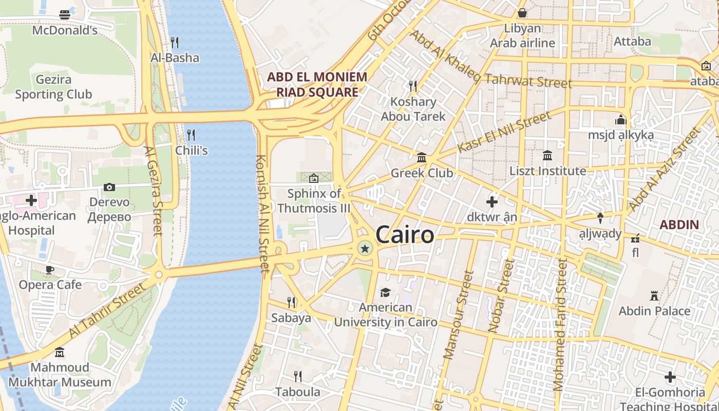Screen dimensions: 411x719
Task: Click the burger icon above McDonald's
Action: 65,14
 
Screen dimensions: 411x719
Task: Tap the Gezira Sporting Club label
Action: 53,87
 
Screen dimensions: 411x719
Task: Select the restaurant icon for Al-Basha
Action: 175,42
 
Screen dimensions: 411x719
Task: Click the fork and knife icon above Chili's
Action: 191,135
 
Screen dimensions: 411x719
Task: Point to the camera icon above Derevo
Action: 109,188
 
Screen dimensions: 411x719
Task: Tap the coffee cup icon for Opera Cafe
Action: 50,270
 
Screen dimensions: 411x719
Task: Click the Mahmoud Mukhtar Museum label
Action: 60,375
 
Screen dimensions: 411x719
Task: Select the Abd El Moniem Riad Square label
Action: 317,85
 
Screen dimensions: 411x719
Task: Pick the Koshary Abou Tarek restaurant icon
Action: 412,85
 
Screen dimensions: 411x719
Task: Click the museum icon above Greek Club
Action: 422,157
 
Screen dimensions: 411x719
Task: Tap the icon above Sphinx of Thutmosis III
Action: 313,178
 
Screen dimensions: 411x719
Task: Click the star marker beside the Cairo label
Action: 365,249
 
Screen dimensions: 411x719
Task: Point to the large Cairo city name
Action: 405,235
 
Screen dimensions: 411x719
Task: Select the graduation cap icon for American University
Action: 385,292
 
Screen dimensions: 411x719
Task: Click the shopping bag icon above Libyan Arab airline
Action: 522,13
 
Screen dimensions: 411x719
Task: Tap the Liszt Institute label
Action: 547,171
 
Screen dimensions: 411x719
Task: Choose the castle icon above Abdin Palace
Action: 654,296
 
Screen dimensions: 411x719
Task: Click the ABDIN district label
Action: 679,225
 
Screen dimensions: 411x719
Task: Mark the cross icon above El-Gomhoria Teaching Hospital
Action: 670,378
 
